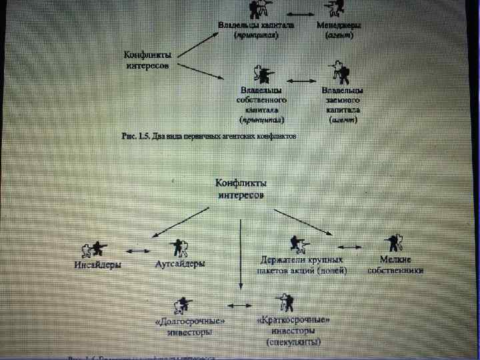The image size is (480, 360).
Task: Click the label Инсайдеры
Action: [x=97, y=265]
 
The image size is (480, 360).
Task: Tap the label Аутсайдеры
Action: [x=180, y=264]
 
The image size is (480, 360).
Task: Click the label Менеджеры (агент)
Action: [x=339, y=30]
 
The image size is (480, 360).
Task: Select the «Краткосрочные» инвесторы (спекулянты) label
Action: [x=293, y=331]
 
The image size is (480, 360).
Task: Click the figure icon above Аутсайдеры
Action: [x=180, y=247]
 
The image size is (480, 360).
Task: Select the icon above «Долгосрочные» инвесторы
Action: [x=181, y=305]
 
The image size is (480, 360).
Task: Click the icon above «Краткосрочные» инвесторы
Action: [x=286, y=301]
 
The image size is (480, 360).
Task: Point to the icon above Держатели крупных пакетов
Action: [x=296, y=244]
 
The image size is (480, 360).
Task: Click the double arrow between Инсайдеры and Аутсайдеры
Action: [x=137, y=250]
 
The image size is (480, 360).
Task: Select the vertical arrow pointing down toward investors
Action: [x=239, y=253]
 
